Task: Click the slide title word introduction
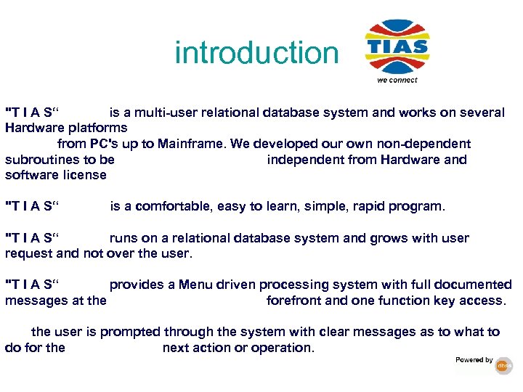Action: [256, 53]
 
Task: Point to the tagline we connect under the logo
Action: [397, 80]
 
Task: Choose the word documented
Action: [471, 285]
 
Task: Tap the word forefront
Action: [295, 301]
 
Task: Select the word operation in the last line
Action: [284, 348]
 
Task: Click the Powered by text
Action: [474, 360]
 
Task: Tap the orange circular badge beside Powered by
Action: [504, 367]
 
